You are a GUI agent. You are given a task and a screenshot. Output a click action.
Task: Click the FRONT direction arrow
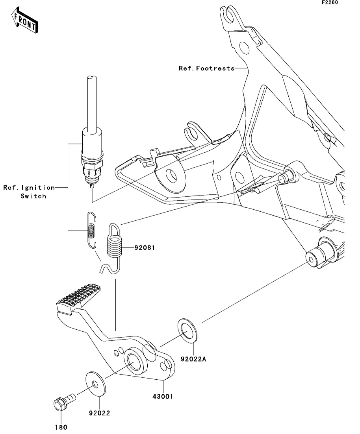[x=24, y=20]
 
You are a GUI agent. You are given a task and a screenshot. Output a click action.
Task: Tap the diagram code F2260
[x=330, y=2]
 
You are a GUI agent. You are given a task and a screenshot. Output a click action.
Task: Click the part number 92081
[x=145, y=248]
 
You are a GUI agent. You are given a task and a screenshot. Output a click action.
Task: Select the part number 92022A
[x=193, y=359]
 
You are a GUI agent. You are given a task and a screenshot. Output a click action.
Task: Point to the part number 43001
[x=163, y=396]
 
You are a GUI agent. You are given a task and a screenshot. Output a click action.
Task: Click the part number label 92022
[x=100, y=413]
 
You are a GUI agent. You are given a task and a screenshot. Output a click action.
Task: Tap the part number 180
[x=61, y=427]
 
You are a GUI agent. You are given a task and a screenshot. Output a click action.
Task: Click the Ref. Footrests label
[x=207, y=68]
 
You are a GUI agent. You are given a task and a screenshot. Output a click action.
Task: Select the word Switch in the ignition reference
[x=33, y=196]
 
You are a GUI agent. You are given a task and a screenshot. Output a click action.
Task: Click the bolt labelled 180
[x=64, y=401]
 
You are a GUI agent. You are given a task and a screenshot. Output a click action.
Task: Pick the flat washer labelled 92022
[x=96, y=383]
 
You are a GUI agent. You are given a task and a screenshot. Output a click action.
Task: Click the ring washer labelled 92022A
[x=187, y=331]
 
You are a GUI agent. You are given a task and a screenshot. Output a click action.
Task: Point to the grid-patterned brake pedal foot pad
[x=78, y=297]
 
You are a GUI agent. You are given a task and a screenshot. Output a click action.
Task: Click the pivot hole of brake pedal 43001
[x=135, y=362]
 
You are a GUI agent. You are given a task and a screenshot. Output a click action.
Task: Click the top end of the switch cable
[x=92, y=77]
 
